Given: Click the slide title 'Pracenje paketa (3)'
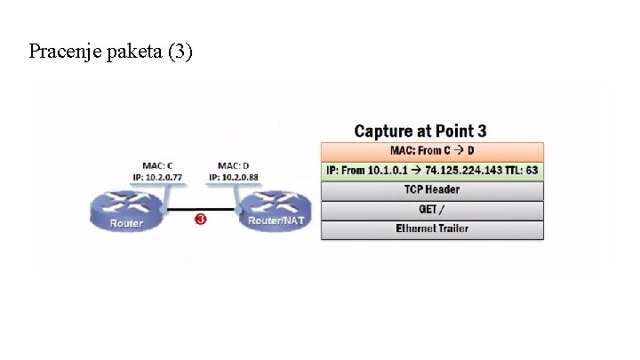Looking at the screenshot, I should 110,52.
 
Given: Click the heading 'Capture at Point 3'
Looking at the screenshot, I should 420,132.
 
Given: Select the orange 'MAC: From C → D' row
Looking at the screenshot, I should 432,151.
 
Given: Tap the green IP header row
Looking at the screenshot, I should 432,170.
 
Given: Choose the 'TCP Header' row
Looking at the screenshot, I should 432,190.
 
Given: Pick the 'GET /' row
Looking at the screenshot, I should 432,210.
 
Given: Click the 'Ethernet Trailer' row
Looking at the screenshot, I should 432,229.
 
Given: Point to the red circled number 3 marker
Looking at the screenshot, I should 201,219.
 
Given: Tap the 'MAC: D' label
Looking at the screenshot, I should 234,166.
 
